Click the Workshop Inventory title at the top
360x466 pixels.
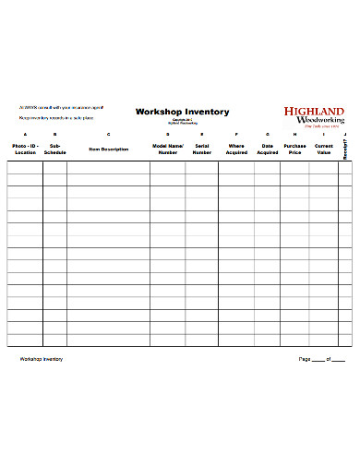(182, 112)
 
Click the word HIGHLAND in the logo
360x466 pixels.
(314, 112)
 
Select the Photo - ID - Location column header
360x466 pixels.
(25, 149)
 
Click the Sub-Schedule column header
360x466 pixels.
(54, 149)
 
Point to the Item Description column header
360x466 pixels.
(108, 149)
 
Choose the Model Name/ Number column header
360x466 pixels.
(168, 149)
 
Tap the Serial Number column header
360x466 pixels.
(201, 149)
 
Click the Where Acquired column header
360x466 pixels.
(236, 149)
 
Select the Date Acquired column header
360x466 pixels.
(268, 149)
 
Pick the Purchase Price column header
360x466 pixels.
(295, 149)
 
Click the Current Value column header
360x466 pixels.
(323, 149)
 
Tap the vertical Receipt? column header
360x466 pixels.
(343, 149)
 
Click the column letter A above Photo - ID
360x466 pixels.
(25, 135)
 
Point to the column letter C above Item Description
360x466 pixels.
(108, 135)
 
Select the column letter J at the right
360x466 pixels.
(343, 135)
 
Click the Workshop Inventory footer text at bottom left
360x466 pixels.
(42, 359)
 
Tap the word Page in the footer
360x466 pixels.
(304, 359)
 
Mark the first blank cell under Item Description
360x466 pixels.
(108, 167)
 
